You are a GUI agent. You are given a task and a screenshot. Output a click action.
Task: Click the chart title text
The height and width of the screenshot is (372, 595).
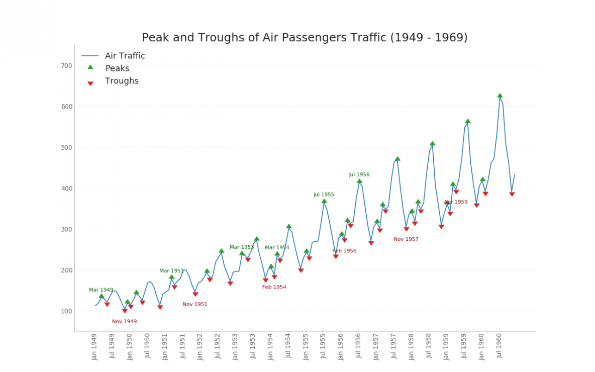[x=305, y=38]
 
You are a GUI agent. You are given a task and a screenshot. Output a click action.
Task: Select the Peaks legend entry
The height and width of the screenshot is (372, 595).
[x=117, y=68]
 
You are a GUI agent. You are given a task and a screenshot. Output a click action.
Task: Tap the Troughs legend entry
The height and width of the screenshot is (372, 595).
[x=121, y=81]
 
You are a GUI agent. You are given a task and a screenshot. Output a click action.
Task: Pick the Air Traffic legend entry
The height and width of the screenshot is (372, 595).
[x=125, y=56]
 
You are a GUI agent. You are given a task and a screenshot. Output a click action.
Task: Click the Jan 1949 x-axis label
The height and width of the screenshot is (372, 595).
[x=94, y=346]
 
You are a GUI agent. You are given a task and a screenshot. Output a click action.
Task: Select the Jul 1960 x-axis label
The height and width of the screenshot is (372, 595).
[x=500, y=346]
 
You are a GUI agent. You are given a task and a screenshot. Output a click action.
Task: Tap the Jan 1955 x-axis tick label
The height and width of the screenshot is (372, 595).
[x=306, y=346]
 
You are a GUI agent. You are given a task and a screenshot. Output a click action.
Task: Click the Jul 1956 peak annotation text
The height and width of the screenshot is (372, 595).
[x=359, y=175]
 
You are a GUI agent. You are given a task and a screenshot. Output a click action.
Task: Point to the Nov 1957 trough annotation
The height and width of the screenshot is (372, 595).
[x=406, y=239]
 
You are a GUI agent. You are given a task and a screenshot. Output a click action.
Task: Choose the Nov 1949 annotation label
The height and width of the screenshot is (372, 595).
[x=124, y=322]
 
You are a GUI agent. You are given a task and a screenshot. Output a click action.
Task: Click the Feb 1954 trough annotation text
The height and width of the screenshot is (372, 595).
[x=274, y=288]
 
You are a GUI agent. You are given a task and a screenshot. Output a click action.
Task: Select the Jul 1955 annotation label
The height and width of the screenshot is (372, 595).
[x=324, y=195]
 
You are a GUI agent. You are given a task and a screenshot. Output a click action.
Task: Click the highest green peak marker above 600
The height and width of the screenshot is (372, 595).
[x=500, y=96]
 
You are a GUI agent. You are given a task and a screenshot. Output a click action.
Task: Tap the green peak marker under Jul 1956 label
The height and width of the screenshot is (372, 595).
[x=359, y=181]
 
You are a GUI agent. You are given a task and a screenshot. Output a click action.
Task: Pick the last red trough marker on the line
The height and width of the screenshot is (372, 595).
[x=512, y=194]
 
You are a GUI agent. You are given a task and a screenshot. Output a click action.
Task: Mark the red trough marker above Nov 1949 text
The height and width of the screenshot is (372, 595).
[x=125, y=311]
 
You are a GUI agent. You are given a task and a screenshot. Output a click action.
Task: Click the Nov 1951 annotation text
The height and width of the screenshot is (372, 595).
[x=194, y=305]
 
